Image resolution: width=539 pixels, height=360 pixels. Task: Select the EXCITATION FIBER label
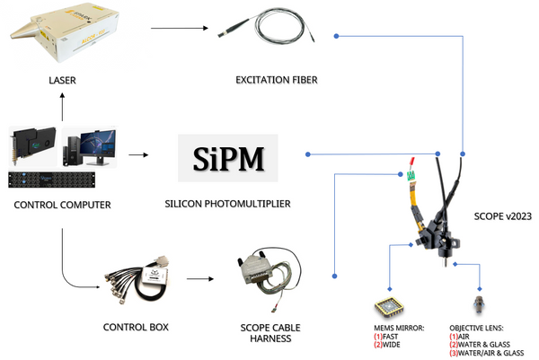click(277, 81)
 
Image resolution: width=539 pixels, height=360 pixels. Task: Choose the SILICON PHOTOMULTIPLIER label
click(228, 204)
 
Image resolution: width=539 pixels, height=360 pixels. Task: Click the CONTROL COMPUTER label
click(63, 206)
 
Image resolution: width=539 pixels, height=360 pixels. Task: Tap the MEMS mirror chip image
click(389, 305)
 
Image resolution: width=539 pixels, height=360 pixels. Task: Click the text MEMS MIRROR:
click(398, 329)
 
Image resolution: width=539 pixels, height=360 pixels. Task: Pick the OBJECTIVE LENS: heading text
click(483, 329)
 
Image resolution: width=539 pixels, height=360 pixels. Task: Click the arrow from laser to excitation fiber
click(176, 28)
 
